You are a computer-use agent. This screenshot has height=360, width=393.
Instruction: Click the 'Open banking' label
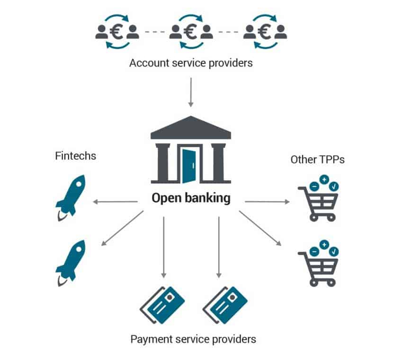point(191,198)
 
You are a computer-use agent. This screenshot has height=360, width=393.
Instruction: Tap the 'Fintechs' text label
point(75,156)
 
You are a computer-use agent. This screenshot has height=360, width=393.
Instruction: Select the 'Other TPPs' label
point(317,159)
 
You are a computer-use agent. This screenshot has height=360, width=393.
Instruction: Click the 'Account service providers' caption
point(191,63)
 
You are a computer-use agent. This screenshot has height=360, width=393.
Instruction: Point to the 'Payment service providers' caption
point(193,339)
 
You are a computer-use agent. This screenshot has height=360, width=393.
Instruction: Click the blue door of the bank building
point(189,166)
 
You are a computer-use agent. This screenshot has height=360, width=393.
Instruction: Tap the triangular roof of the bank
point(191,128)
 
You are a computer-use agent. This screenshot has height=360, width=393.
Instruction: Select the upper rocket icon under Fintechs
point(71,198)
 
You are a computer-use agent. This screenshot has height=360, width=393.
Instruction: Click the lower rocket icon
point(71,263)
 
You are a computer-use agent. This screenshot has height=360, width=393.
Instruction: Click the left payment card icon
point(162,305)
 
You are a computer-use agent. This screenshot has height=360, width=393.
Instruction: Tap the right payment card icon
point(225,305)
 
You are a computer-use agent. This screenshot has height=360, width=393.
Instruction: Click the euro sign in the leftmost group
point(116,32)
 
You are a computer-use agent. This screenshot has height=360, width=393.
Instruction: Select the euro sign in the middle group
point(190,32)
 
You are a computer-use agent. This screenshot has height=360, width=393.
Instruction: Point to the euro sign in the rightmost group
point(264,32)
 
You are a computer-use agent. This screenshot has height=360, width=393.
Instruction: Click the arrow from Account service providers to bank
point(191,92)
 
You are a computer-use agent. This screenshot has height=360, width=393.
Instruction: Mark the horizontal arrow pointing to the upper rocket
point(115,202)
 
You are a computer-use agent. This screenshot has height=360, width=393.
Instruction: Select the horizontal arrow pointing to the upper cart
point(267,202)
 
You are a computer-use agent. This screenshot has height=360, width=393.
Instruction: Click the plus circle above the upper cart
point(324,179)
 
